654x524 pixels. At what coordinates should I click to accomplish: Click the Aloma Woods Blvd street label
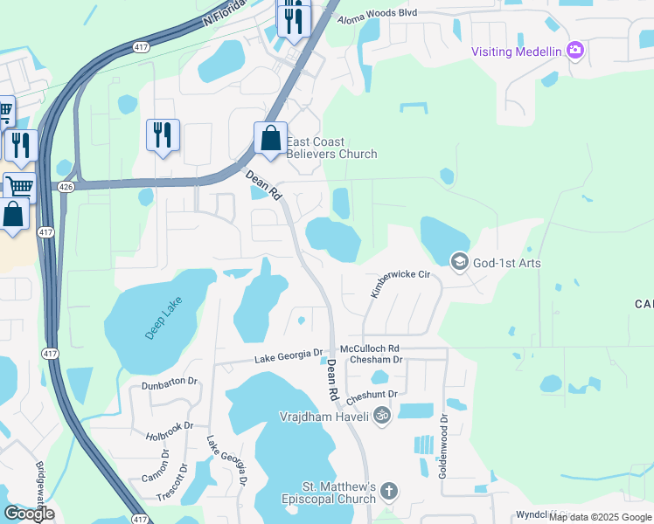378,14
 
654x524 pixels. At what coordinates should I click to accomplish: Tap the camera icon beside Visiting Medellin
575,51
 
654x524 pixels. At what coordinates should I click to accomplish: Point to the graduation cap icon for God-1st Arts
459,261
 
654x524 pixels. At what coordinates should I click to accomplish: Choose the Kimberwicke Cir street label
400,286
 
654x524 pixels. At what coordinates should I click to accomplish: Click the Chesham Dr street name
375,359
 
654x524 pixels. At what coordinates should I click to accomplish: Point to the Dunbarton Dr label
170,384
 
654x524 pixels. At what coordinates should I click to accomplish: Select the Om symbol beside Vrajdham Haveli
380,416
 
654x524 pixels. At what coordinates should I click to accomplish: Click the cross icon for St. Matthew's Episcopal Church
389,492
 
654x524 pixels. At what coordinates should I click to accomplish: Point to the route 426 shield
65,186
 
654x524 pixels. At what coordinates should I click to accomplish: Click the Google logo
29,513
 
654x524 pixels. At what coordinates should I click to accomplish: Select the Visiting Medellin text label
515,51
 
